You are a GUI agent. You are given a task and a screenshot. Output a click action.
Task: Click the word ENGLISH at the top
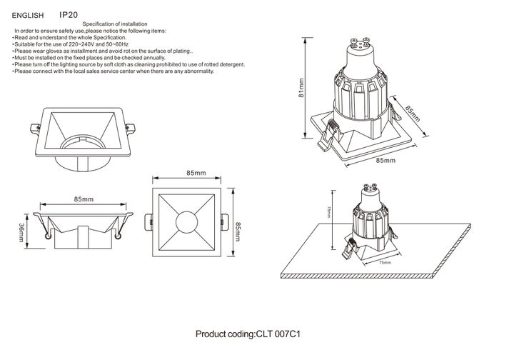pos(29,14)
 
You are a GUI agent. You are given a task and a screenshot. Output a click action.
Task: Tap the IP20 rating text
pos(69,14)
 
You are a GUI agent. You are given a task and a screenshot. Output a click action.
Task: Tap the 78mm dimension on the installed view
pos(328,211)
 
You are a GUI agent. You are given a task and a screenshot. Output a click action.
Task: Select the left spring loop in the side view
pos(47,236)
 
